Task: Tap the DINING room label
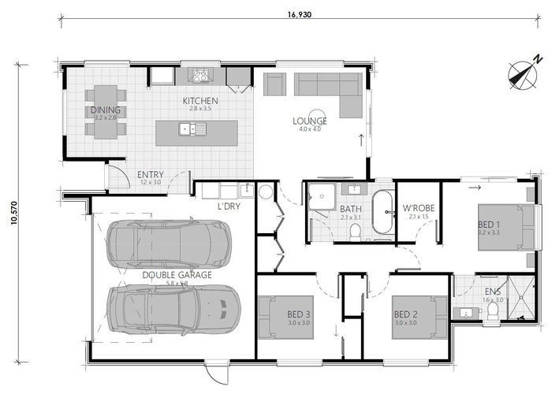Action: (105, 110)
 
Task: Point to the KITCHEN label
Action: (200, 101)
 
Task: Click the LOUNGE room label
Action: (310, 121)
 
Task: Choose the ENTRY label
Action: (150, 174)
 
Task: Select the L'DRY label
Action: (228, 206)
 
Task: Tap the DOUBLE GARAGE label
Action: (177, 274)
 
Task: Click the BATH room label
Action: (350, 210)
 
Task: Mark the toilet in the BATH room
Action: (356, 231)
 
